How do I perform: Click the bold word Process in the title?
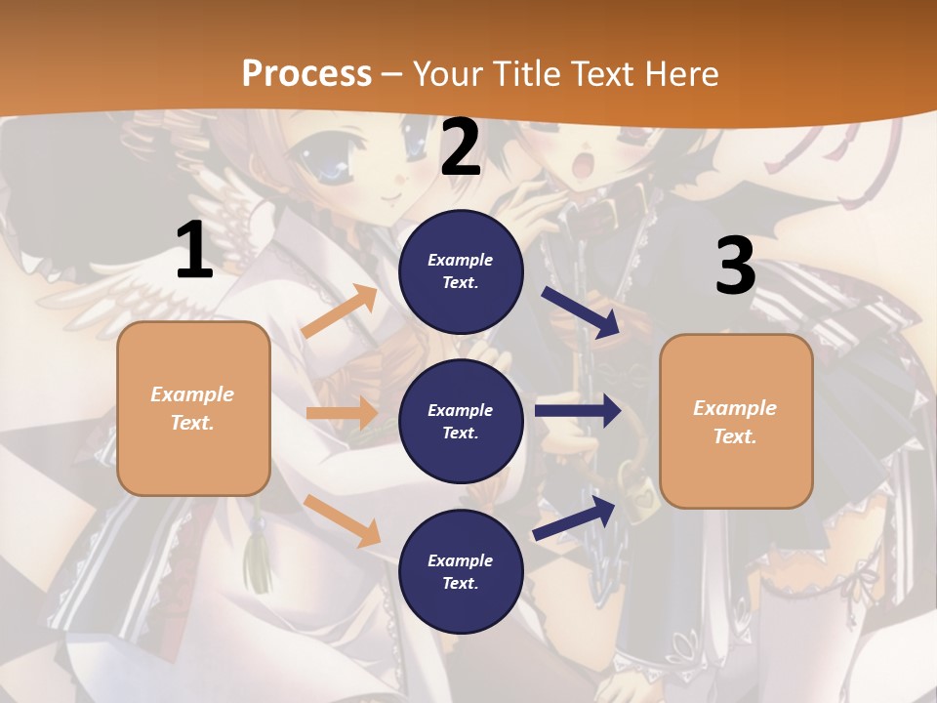(x=306, y=73)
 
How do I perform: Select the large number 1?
(x=194, y=251)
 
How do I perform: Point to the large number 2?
(x=461, y=148)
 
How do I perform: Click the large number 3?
(x=735, y=266)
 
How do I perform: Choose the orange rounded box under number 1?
(x=193, y=408)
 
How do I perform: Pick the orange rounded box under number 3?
(x=736, y=421)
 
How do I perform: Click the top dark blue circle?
(x=461, y=271)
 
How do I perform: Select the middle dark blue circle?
(x=461, y=421)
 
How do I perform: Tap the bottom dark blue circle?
(x=461, y=571)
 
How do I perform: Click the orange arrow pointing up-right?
(x=340, y=312)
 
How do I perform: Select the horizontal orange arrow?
(x=342, y=413)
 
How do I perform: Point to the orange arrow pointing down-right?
(x=342, y=520)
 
